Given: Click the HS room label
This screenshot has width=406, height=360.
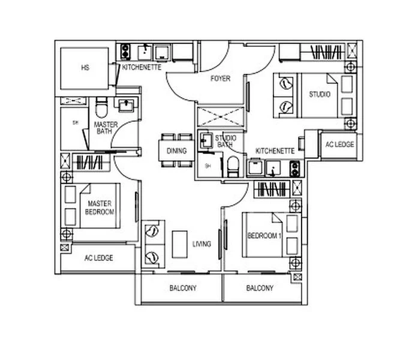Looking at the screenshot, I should click(x=85, y=68).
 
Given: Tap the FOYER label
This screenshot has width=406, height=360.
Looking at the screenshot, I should click(x=220, y=79).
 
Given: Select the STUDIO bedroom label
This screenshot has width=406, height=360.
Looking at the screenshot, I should click(x=320, y=94).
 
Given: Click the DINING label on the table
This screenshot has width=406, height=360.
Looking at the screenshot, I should click(x=176, y=151).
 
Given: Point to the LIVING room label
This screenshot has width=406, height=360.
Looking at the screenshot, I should click(x=202, y=244).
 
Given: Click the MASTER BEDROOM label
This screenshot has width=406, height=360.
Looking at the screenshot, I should click(x=97, y=208).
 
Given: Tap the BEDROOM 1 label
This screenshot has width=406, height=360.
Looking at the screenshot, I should click(x=264, y=236).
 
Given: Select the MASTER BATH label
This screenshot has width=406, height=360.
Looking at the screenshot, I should click(x=106, y=128).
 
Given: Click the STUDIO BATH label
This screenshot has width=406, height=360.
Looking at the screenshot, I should click(x=225, y=142).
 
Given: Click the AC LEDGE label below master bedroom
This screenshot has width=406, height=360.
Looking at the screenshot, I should click(x=98, y=258).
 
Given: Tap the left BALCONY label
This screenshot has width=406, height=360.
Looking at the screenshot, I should click(x=183, y=289).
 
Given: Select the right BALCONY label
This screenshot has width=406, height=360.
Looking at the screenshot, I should click(x=260, y=289).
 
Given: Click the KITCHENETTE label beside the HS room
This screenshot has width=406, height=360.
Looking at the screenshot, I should click(x=142, y=68).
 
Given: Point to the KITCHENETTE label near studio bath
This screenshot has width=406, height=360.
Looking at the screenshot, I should click(x=275, y=151).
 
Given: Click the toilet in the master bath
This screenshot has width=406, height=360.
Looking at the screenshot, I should click(x=101, y=109).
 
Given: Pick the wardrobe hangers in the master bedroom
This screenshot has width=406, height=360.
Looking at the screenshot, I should click(x=88, y=162).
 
